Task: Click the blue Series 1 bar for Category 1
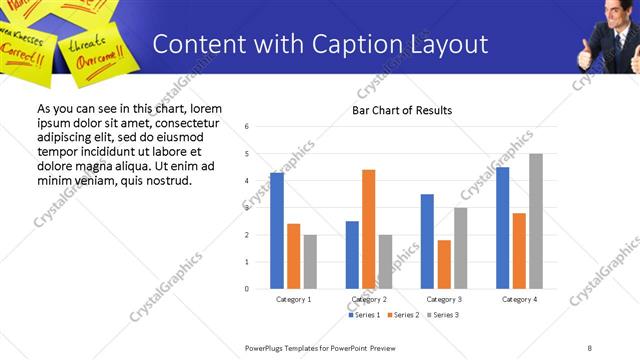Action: pyautogui.click(x=277, y=231)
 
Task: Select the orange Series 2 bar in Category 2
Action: pyautogui.click(x=368, y=229)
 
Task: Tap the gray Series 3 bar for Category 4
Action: pyautogui.click(x=535, y=221)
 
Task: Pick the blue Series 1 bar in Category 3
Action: pyautogui.click(x=427, y=241)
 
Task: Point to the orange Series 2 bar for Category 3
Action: pyautogui.click(x=444, y=264)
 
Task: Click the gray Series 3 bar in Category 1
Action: pyautogui.click(x=310, y=262)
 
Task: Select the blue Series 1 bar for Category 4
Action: pyautogui.click(x=502, y=228)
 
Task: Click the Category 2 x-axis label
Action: pyautogui.click(x=369, y=299)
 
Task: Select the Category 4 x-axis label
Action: pyautogui.click(x=519, y=299)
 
